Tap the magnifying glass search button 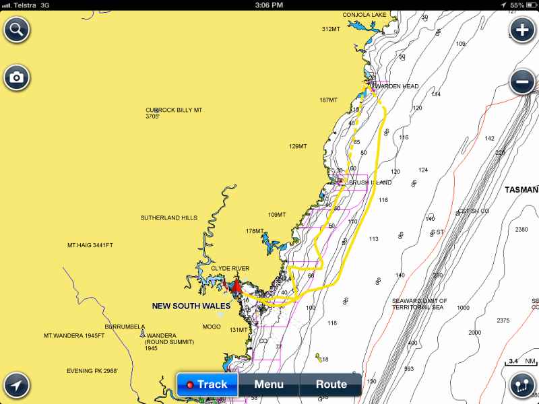(16, 30)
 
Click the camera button (16, 77)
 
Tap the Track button (207, 384)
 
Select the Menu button (269, 384)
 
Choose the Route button (331, 384)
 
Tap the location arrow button (16, 385)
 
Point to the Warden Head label (396, 86)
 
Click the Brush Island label (370, 182)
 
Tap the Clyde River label (230, 268)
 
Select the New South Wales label (191, 306)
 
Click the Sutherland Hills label (168, 218)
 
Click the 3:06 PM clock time (269, 5)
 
